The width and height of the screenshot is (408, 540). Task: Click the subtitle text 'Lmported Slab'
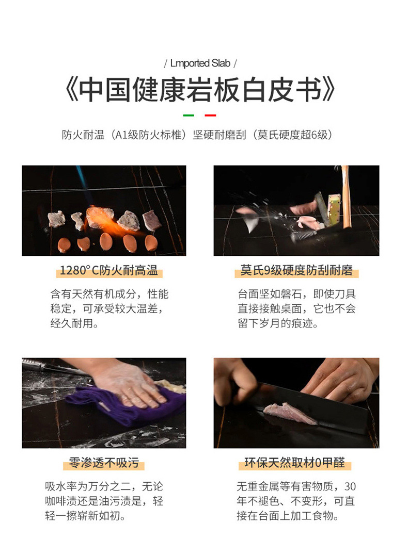(200, 63)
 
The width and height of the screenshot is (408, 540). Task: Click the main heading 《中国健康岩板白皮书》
(200, 89)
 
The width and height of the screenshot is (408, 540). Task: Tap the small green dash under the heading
(189, 115)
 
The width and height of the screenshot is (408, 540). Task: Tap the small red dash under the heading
(210, 115)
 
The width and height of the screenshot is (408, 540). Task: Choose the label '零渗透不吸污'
(104, 463)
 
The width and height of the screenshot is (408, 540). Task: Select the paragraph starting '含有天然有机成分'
(109, 309)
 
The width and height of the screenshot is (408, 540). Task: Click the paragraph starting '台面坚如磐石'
(296, 309)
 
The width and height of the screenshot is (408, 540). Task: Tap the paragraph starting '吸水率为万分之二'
(104, 501)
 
